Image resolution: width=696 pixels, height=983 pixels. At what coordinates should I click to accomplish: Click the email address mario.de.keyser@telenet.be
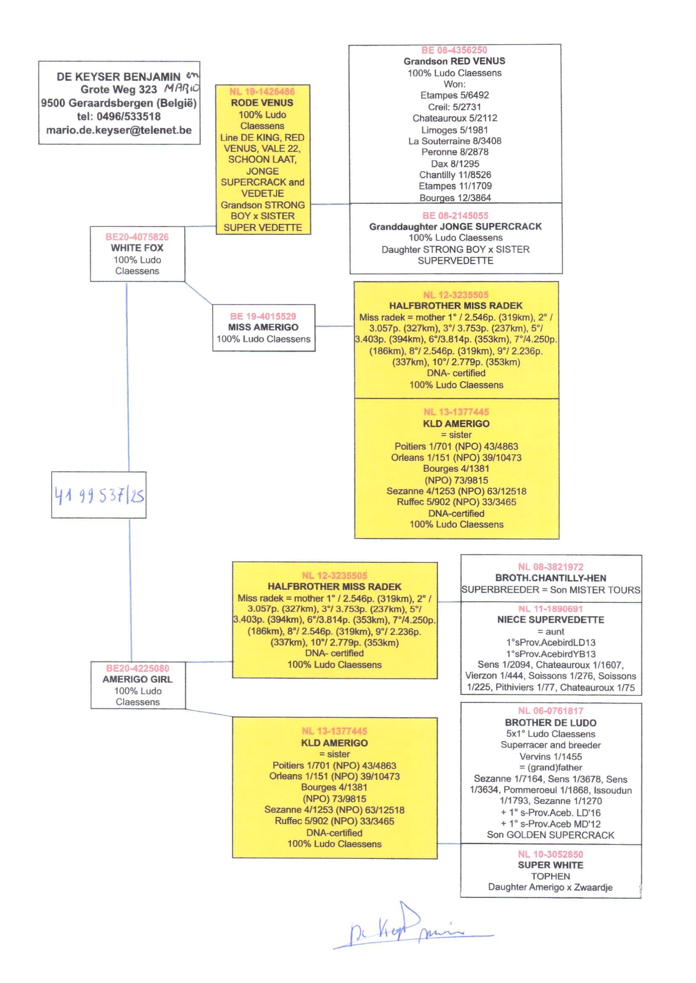point(119,130)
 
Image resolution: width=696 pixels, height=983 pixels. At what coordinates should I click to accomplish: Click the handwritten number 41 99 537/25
point(99,496)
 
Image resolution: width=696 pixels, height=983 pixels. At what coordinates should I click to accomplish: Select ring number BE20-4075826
point(137,237)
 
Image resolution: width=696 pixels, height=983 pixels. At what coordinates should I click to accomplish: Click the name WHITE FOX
point(137,248)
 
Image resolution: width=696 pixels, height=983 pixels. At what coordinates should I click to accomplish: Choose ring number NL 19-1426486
point(262,92)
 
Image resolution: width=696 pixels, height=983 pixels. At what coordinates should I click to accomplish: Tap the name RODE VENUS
point(262,103)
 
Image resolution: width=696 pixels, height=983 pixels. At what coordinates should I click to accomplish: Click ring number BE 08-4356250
point(454,50)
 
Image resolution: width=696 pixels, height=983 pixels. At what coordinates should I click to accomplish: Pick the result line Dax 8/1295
point(455,164)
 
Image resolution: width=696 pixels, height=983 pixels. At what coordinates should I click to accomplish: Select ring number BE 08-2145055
point(455,215)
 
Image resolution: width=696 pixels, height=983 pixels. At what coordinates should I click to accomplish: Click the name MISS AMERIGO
point(263,327)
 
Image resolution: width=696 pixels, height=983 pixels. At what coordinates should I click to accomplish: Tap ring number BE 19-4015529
point(263,317)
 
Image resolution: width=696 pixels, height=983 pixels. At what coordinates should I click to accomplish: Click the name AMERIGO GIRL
point(138,679)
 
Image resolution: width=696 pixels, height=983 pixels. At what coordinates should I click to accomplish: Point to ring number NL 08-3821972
point(550,567)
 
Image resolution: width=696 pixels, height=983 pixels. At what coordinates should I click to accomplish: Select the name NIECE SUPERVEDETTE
point(550,620)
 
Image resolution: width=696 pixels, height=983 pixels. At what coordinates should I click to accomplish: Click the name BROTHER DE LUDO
point(550,723)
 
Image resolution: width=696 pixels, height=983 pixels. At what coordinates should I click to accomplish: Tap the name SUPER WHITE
point(550,865)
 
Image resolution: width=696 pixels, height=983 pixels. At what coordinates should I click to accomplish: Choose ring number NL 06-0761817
point(550,711)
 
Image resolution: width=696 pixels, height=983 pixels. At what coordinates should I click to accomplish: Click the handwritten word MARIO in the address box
point(182,89)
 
